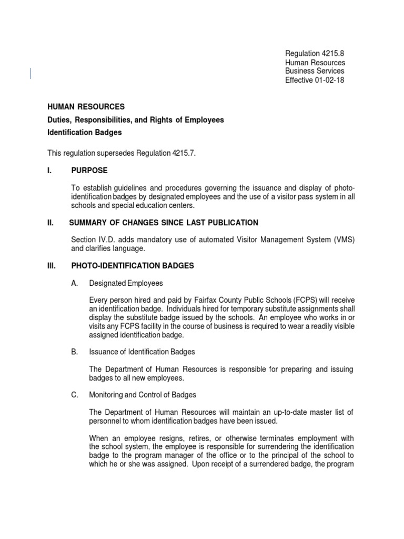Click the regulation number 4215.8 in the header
click(x=332, y=54)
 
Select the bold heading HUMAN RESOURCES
click(x=86, y=107)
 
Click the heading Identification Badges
click(x=85, y=133)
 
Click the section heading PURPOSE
click(x=89, y=171)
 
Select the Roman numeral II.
click(x=50, y=223)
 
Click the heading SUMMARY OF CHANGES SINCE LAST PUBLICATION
click(x=164, y=223)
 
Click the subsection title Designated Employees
click(x=126, y=283)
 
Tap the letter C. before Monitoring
click(x=74, y=395)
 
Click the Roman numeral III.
click(x=52, y=266)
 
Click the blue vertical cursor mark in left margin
click(x=30, y=74)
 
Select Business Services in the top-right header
click(x=315, y=71)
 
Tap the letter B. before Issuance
click(x=74, y=352)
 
